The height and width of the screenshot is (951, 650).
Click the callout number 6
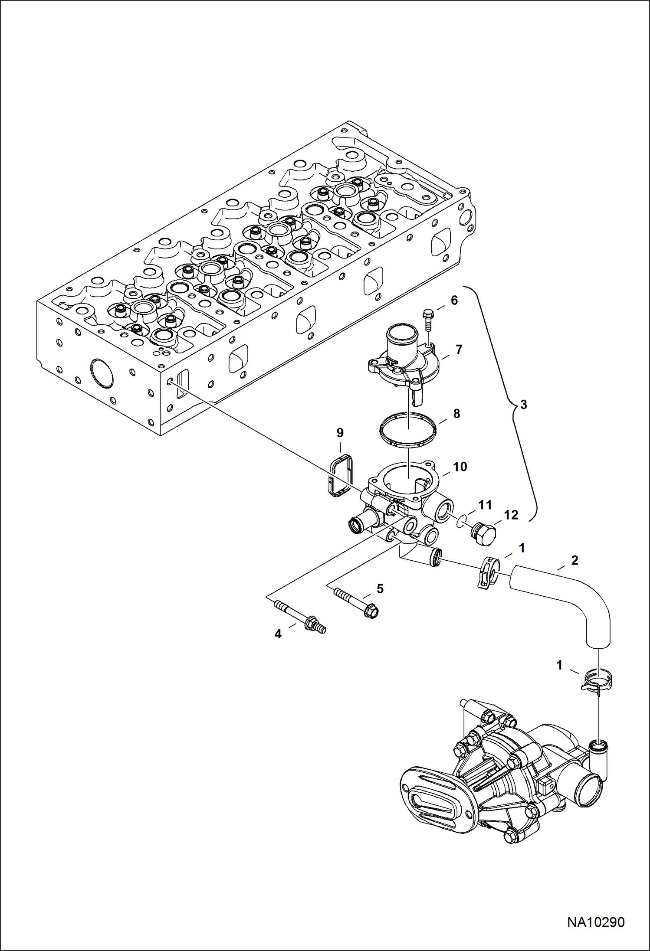pos(454,300)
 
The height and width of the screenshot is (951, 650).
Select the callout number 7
pos(459,349)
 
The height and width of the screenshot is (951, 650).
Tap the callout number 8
pos(456,414)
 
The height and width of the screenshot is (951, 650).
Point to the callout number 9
pos(340,433)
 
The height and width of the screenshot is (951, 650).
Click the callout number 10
pos(460,467)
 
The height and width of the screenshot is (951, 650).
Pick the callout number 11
pos(485,505)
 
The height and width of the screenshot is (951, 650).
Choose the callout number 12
pos(512,515)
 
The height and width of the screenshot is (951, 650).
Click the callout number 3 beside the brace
pos(524,405)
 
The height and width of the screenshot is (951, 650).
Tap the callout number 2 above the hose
pos(575,560)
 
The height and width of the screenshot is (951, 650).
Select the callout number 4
pos(278,634)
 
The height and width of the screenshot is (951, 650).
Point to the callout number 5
pos(380,588)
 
